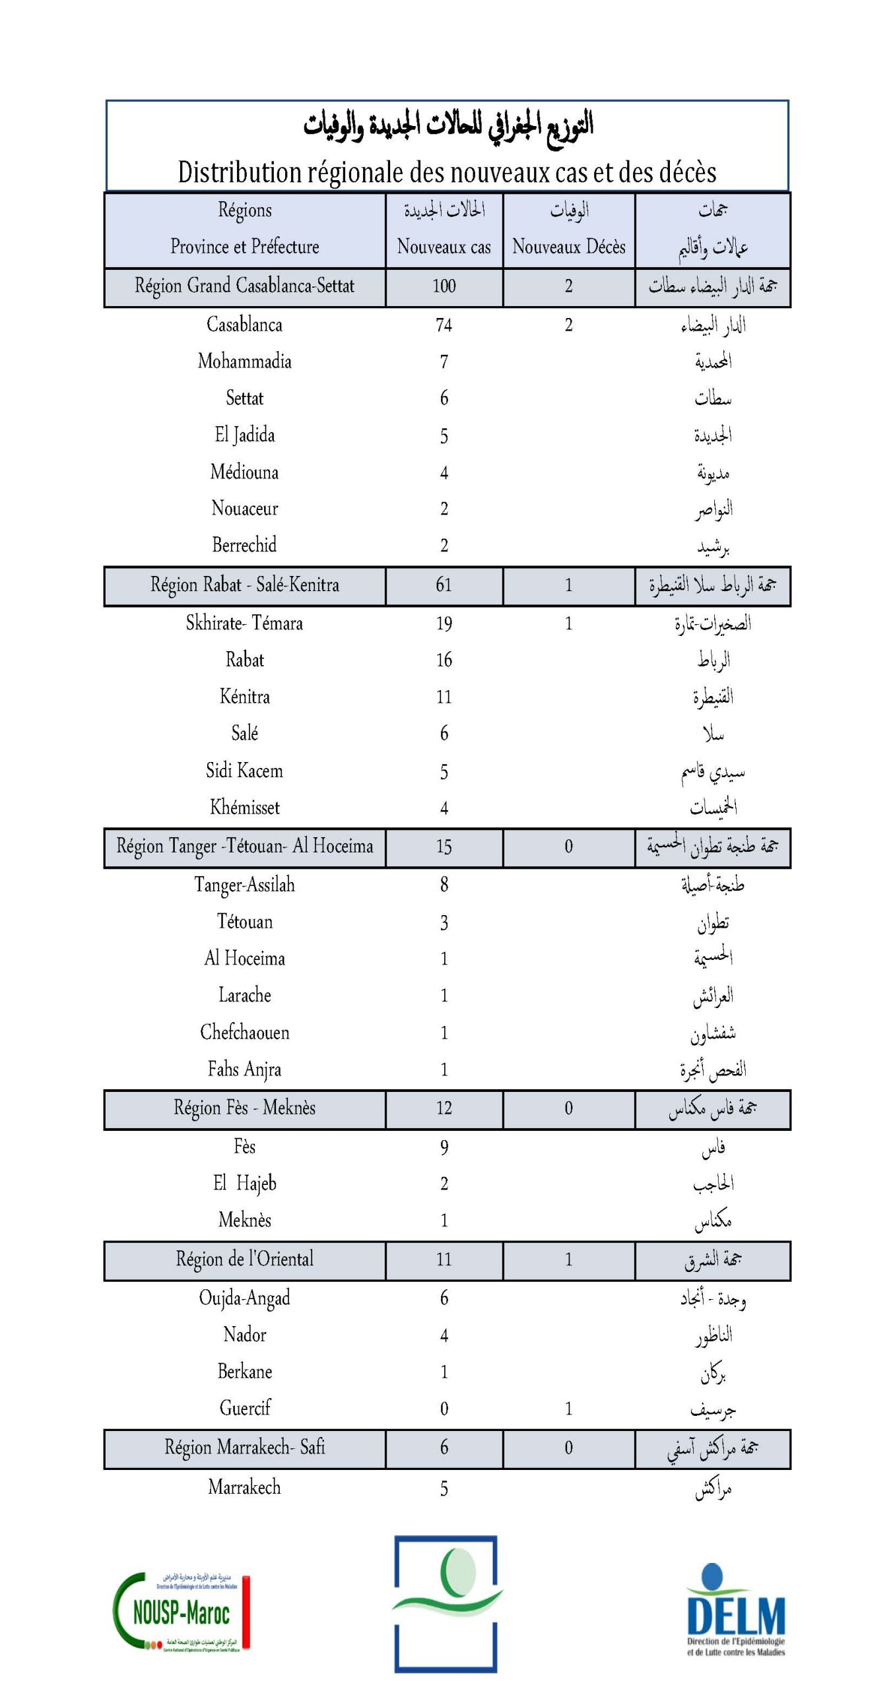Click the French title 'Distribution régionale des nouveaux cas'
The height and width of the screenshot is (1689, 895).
tap(447, 173)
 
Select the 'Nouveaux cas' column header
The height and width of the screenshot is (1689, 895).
tap(444, 247)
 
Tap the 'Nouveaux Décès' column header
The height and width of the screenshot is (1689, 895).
tap(568, 247)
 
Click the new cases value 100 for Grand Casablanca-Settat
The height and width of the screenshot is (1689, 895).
tap(444, 286)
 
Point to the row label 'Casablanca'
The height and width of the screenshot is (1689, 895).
tap(244, 325)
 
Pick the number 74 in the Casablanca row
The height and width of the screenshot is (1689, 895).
tap(444, 325)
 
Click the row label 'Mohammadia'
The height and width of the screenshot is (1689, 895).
tap(244, 362)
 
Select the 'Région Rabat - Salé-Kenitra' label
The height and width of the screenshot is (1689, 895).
tap(244, 585)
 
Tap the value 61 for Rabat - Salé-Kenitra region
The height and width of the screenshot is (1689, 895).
tap(444, 585)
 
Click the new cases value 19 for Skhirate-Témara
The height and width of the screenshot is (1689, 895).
tap(444, 623)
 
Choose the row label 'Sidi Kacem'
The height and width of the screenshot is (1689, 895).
tap(244, 771)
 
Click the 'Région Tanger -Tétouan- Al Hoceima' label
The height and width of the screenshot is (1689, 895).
tap(244, 846)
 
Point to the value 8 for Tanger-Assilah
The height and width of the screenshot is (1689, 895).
tap(444, 885)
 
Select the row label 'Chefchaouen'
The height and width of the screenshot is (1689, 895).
tap(244, 1033)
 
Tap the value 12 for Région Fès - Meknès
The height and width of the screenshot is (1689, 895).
tap(444, 1108)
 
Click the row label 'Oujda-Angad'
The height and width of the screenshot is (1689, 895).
tap(244, 1298)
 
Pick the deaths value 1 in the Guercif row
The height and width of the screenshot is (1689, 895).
tap(568, 1409)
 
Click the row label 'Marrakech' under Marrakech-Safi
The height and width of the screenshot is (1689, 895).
tap(244, 1487)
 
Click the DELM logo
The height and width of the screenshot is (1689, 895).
tap(735, 1610)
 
